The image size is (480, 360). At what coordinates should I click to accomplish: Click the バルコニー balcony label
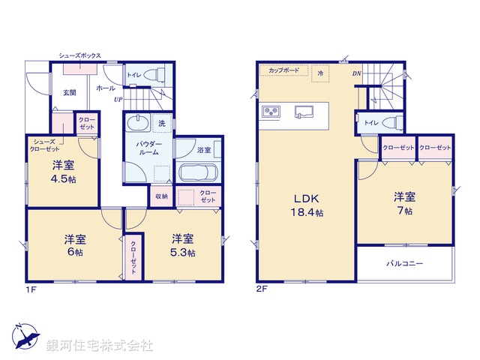tap(405, 264)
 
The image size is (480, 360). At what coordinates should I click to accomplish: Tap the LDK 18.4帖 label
tap(307, 205)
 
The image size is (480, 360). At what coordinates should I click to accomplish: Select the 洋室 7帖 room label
tap(405, 204)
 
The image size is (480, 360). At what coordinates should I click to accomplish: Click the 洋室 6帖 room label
tap(73, 245)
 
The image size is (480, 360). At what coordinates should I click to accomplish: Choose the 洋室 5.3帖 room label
tap(183, 245)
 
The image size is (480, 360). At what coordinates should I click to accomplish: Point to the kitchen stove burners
tap(271, 112)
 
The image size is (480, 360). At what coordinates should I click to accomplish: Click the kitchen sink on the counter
tap(303, 113)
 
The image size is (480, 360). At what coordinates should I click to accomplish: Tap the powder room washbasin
tap(138, 124)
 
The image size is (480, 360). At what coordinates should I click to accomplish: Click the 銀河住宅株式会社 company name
tap(99, 346)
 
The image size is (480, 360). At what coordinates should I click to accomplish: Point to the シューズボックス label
tap(80, 56)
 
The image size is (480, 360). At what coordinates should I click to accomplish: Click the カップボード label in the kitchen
tap(281, 71)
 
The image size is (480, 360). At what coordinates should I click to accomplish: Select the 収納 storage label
tap(162, 196)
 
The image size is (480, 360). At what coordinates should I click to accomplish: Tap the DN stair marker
tap(357, 73)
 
